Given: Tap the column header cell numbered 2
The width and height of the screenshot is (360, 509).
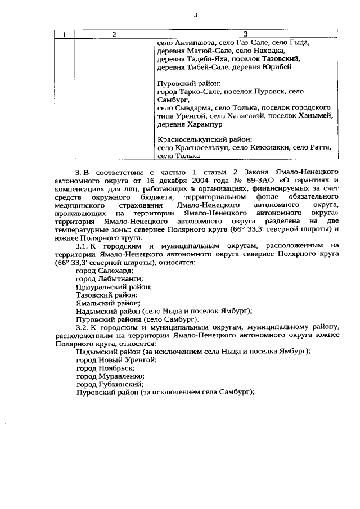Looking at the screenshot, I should pyautogui.click(x=114, y=34).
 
